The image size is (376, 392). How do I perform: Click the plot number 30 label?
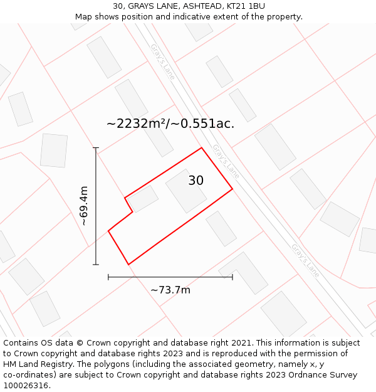coord(196,181)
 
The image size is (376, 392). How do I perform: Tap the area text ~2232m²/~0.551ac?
coord(170,124)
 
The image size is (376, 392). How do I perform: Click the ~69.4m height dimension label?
coord(84,206)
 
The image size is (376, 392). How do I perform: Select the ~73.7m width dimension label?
coord(170,290)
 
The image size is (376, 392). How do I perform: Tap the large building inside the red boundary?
coord(186,191)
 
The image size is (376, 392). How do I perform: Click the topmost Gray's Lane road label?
coord(162,61)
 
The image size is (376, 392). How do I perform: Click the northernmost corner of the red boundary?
coord(201,148)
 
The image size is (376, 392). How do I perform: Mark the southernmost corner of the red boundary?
coord(128,265)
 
